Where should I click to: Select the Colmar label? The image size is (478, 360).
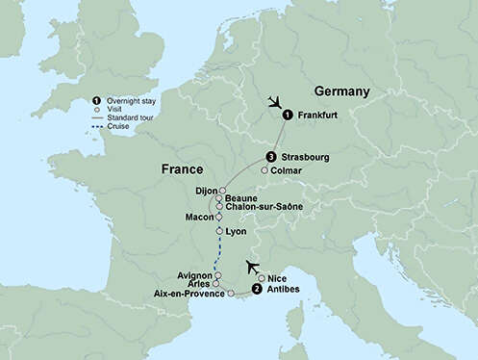coord(287,170)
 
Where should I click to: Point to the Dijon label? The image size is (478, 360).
coord(207,191)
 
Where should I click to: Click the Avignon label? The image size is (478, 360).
coord(194,275)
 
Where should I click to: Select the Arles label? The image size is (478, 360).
coord(200,284)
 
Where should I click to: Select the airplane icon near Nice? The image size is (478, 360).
coord(254,266)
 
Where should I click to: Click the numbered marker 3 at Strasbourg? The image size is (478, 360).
coord(272,157)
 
